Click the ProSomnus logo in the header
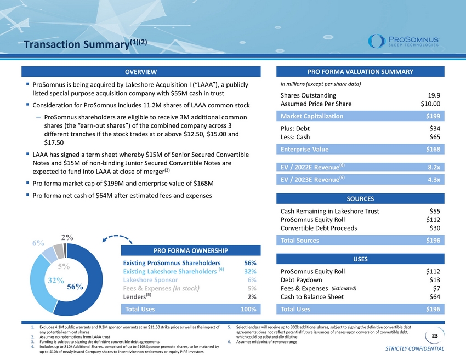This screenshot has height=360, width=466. pyautogui.click(x=404, y=41)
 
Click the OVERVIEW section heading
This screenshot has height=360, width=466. pyautogui.click(x=141, y=72)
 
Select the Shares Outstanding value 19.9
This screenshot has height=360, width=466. pyautogui.click(x=434, y=95)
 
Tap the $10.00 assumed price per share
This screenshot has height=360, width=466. pyautogui.click(x=430, y=104)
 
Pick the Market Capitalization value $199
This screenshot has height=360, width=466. pyautogui.click(x=433, y=116)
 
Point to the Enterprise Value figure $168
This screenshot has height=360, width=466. pyautogui.click(x=433, y=149)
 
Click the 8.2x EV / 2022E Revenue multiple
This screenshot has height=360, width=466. pyautogui.click(x=434, y=167)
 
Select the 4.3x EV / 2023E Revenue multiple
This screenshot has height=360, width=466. pyautogui.click(x=434, y=180)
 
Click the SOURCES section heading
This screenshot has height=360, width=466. pyautogui.click(x=360, y=199)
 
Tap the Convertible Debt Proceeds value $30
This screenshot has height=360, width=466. pyautogui.click(x=435, y=228)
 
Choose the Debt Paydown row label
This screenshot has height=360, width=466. pyautogui.click(x=301, y=280)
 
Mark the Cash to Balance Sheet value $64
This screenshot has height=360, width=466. pyautogui.click(x=435, y=297)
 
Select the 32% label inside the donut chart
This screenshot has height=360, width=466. pyautogui.click(x=56, y=281)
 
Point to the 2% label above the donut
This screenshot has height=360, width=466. pyautogui.click(x=67, y=237)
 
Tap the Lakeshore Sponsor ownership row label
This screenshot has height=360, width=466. pyautogui.click(x=150, y=280)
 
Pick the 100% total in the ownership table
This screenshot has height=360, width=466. pyautogui.click(x=248, y=309)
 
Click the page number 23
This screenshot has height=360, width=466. pyautogui.click(x=435, y=336)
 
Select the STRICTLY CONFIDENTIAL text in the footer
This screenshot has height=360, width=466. pyautogui.click(x=414, y=348)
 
